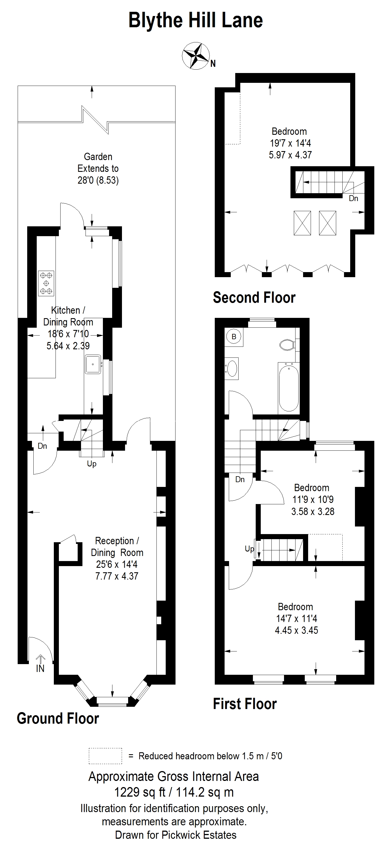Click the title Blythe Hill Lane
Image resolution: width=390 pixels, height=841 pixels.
(x=196, y=20)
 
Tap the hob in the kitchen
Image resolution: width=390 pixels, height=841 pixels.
(x=46, y=283)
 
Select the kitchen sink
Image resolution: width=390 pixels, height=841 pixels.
(x=93, y=364)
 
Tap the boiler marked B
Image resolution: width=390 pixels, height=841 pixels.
(x=234, y=337)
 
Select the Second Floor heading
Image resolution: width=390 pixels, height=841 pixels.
(x=254, y=298)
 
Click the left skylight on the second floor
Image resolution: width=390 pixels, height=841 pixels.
(x=302, y=223)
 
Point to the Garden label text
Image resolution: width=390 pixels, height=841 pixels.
(x=98, y=157)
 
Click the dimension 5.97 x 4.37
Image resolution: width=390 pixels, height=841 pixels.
(x=290, y=155)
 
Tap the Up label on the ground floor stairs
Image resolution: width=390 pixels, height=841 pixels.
(x=92, y=464)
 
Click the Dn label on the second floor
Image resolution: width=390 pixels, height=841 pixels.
(x=354, y=198)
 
